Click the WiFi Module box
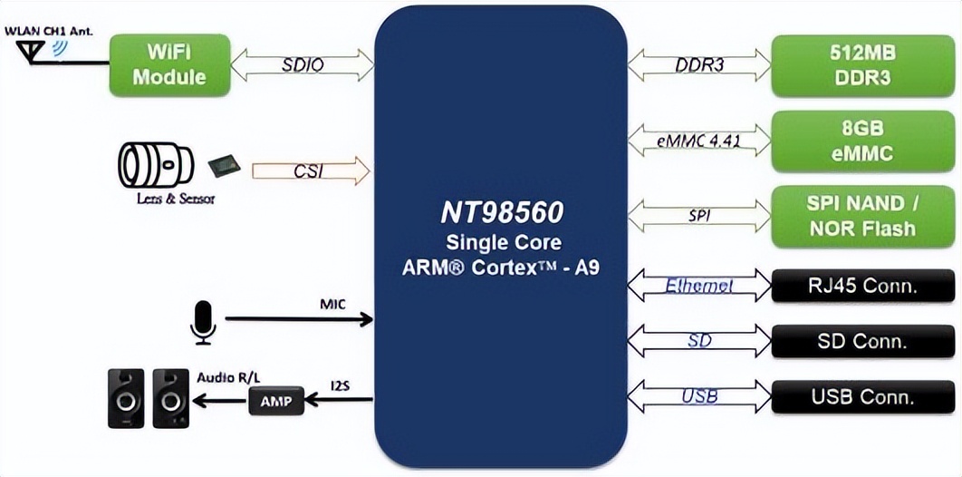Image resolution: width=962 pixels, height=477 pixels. click(x=169, y=64)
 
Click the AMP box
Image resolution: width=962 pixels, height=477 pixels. click(x=276, y=400)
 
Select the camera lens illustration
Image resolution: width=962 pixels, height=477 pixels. click(x=156, y=165)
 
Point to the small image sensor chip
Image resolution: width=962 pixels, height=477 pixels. click(x=224, y=165)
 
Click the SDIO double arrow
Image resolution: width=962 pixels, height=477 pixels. click(x=303, y=64)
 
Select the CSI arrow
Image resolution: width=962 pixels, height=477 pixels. click(x=311, y=170)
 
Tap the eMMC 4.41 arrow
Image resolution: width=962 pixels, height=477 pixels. click(x=698, y=141)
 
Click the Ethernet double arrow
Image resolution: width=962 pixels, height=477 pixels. click(x=698, y=287)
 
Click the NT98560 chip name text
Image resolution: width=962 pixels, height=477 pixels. click(x=501, y=212)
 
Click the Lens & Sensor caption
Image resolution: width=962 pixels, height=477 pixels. click(x=168, y=198)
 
